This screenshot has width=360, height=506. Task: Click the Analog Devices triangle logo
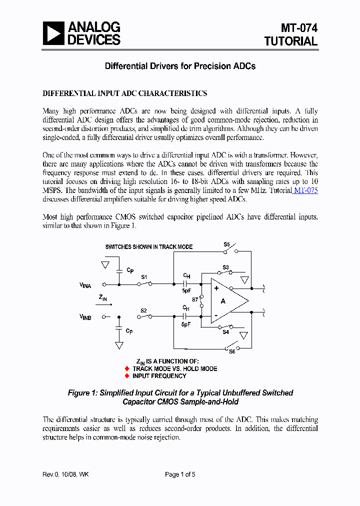[x=53, y=34]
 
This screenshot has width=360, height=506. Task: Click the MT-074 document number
[x=298, y=28]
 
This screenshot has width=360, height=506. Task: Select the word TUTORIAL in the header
[x=291, y=41]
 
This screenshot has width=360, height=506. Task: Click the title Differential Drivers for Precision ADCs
[x=179, y=66]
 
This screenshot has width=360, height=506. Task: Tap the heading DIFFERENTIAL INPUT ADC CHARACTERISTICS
[x=125, y=93]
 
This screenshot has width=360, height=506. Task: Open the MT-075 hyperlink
[x=306, y=190]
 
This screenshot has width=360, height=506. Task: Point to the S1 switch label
[x=144, y=276]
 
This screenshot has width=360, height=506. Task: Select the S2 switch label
[x=143, y=310]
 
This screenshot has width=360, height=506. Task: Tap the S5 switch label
[x=226, y=244]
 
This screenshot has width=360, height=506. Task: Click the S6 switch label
[x=232, y=351]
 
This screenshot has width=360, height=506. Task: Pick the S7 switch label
[x=195, y=299]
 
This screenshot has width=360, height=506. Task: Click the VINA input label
[x=85, y=285]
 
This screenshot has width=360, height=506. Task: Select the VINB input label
[x=85, y=317]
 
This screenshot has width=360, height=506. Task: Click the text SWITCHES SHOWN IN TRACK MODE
[x=148, y=247]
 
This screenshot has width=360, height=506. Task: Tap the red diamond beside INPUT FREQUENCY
[x=126, y=376]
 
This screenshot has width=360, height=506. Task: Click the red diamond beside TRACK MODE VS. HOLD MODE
[x=126, y=368]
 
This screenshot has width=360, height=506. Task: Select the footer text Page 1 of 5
[x=180, y=474]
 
